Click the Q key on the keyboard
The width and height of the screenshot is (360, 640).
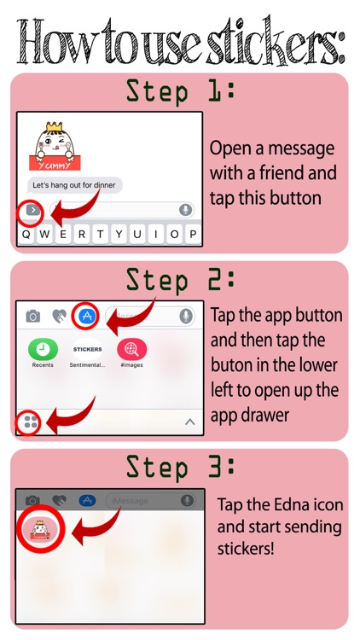(x=26, y=235)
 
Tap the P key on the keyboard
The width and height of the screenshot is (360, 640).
(x=193, y=235)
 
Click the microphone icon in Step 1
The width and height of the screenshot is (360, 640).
(x=186, y=210)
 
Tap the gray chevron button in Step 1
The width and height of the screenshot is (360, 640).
(x=32, y=211)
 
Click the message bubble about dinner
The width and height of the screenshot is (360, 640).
(x=74, y=185)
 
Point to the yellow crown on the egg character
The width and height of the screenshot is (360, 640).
(x=55, y=127)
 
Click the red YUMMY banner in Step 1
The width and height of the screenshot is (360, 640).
(x=55, y=163)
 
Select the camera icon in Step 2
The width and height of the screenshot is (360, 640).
(x=33, y=316)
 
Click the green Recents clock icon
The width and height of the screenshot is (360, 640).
(x=43, y=349)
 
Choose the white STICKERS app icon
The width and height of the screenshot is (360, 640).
(x=87, y=349)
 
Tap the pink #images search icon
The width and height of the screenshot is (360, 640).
(x=132, y=349)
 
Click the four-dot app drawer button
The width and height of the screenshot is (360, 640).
(x=31, y=422)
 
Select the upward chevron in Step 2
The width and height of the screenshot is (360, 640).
(x=189, y=422)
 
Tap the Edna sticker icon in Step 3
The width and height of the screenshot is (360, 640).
(x=40, y=529)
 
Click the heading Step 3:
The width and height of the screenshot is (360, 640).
(x=180, y=467)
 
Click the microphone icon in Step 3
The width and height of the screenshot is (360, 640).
(x=188, y=500)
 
